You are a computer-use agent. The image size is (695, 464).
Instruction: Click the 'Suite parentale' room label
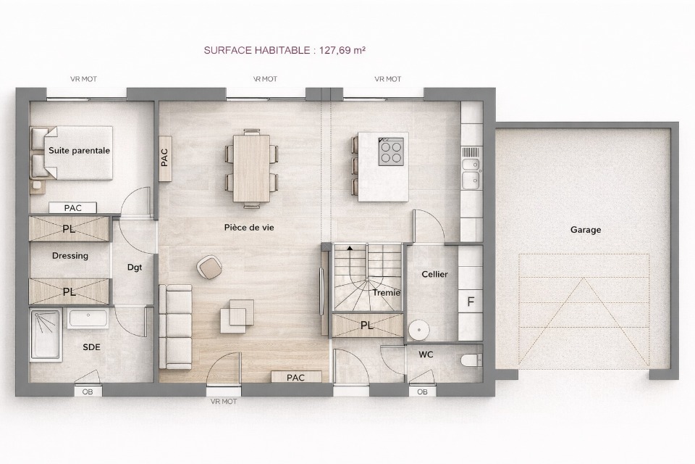pos(80,151)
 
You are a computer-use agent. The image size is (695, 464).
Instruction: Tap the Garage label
pos(586,230)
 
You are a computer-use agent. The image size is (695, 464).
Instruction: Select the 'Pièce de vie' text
pos(249,228)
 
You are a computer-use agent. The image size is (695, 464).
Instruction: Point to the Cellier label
pos(434,274)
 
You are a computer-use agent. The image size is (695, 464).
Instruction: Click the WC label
pos(426,355)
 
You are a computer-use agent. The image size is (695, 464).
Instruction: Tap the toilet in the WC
pos(471,360)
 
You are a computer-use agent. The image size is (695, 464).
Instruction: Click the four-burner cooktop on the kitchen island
pos(391,152)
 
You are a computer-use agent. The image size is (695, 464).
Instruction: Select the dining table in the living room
pos(251,168)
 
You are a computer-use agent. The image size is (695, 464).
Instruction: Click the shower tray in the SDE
pos(45,334)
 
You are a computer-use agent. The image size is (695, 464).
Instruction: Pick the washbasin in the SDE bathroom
pos(88,318)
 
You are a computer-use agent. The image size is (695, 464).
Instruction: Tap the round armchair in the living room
pos(209,268)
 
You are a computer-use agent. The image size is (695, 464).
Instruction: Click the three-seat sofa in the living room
pos(175,327)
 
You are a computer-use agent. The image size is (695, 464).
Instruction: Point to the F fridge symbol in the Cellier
pos(471,302)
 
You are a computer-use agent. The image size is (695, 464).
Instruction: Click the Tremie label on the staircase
pos(387,293)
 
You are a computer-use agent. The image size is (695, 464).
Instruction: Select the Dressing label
pos(70,256)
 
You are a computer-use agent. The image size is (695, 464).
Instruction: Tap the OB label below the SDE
pos(88,392)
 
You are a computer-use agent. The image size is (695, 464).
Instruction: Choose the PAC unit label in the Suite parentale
pos(72,208)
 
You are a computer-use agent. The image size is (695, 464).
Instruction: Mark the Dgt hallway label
pos(135,268)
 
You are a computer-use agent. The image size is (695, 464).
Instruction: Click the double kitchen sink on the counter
pos(471,173)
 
